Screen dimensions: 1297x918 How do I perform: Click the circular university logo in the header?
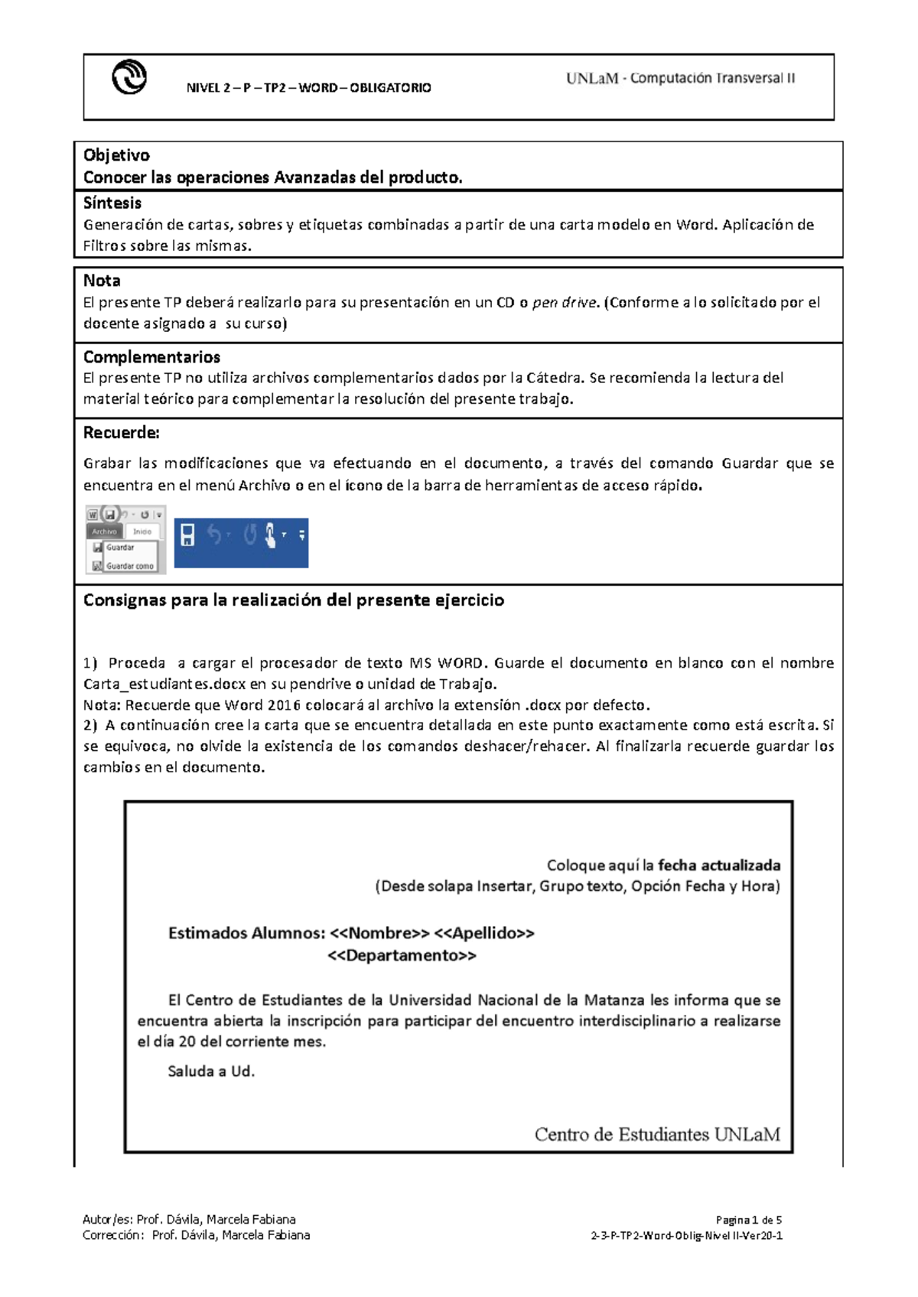click(x=129, y=77)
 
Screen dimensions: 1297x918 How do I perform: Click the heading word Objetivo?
click(x=116, y=155)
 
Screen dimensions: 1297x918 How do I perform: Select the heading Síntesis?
click(x=112, y=203)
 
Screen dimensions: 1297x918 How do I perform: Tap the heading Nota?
click(x=102, y=281)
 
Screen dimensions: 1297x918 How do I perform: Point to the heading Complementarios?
click(x=151, y=357)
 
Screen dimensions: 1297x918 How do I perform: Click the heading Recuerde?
click(x=121, y=433)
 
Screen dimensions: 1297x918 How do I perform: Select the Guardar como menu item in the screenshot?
click(x=129, y=566)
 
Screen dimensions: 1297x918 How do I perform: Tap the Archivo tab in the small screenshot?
click(x=105, y=531)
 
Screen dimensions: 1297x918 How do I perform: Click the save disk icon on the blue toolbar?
click(x=187, y=535)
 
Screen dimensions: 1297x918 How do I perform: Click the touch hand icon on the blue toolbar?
click(x=270, y=535)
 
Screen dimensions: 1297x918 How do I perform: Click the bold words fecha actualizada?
click(x=719, y=866)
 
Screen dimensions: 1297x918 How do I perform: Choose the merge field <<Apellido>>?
click(x=483, y=933)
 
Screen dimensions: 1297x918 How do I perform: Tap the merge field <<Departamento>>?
click(x=402, y=956)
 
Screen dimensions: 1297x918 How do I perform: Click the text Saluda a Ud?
click(x=211, y=1071)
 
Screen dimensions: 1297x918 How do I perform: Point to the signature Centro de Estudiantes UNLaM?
click(x=657, y=1134)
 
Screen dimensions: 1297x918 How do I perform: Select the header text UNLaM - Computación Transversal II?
click(x=680, y=78)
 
